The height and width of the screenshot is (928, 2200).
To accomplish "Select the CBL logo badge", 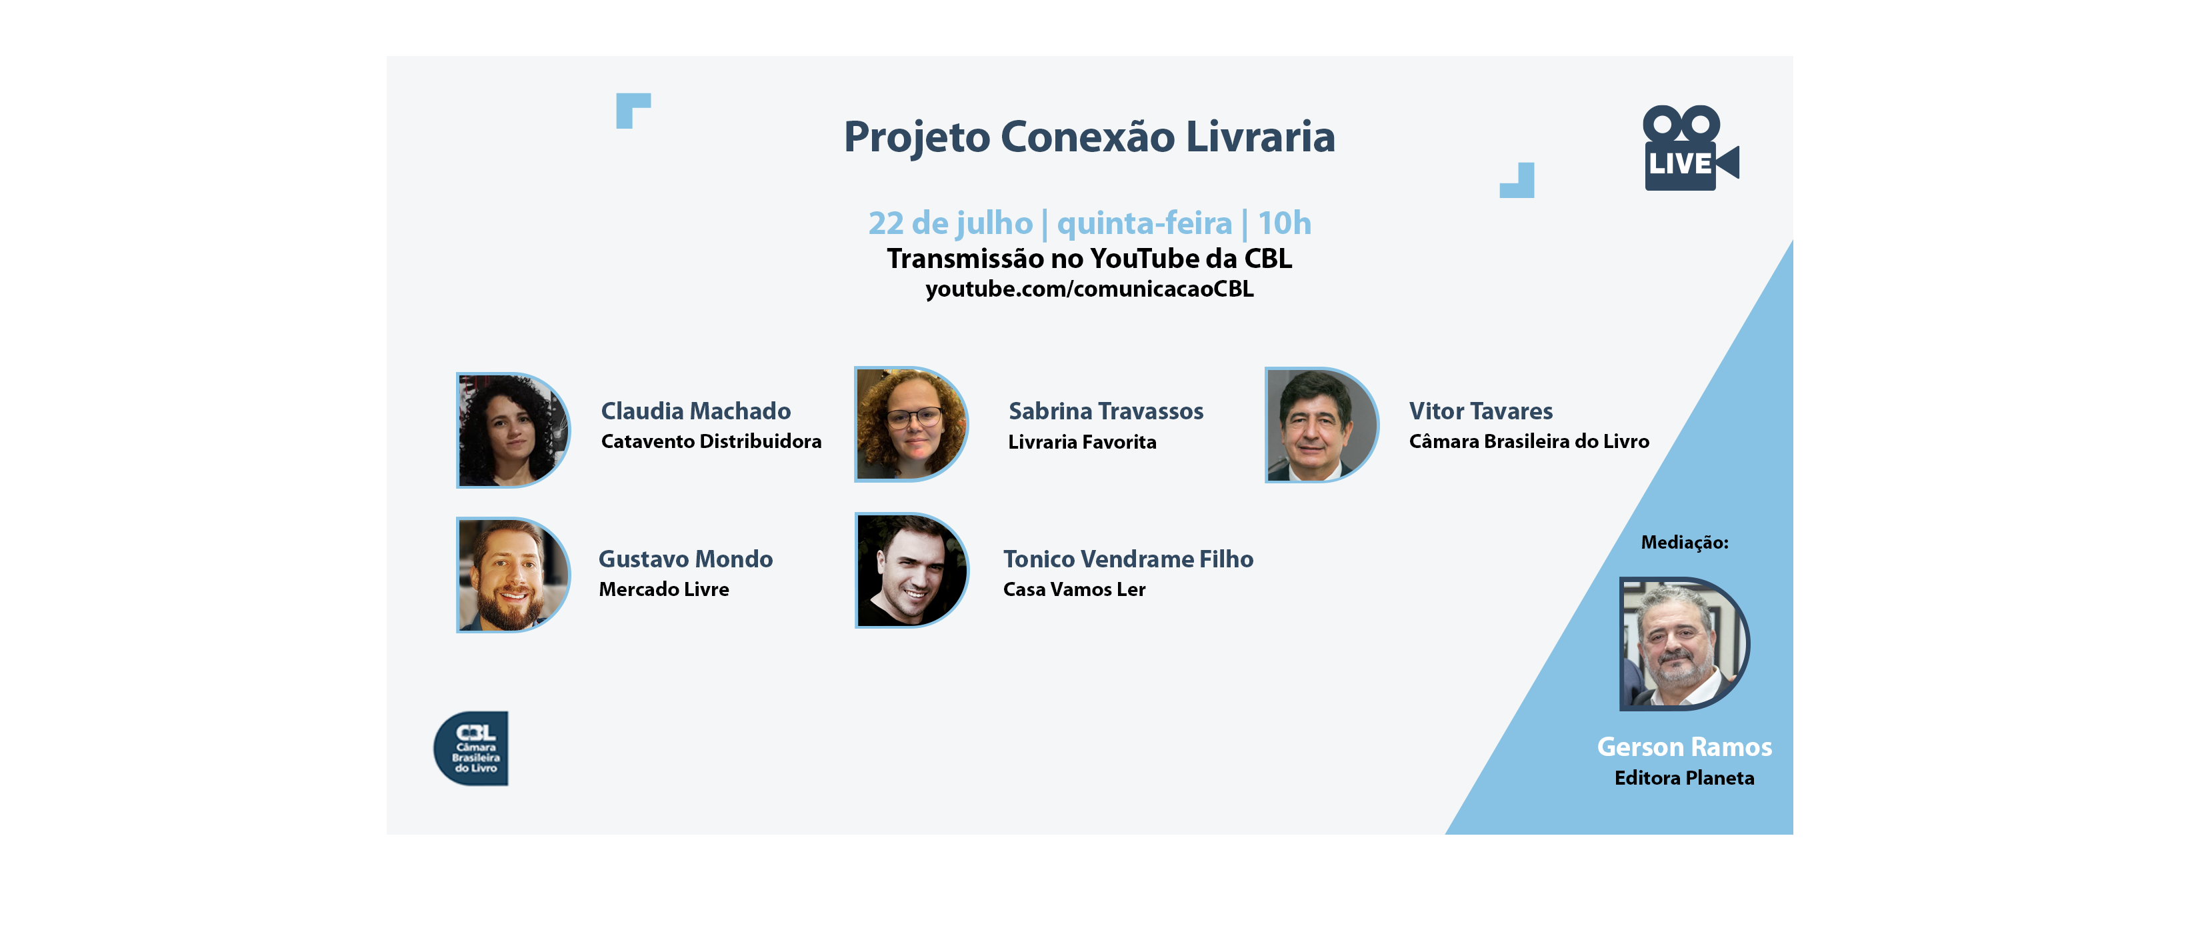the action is coord(471,748).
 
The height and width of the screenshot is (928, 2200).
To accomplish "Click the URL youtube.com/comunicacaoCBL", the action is coord(1089,289).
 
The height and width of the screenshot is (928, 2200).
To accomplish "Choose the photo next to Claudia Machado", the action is coord(513,430).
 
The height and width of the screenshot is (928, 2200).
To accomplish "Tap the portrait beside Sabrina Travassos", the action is coord(911,424).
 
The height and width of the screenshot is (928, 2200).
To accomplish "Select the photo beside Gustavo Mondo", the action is coord(513,575).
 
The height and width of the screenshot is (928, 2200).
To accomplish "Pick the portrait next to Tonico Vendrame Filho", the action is coord(911,570).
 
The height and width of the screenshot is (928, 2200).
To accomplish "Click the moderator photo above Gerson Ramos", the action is coord(1684,644).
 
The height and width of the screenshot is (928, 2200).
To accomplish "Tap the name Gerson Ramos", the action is coord(1684,747).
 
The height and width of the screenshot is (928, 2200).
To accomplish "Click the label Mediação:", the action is coord(1684,543).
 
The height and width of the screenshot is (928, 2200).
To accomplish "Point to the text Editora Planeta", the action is coord(1684,778).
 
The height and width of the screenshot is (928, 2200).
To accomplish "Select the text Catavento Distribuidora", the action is coord(711,441).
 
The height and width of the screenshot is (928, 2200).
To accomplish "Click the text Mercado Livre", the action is coord(663,589).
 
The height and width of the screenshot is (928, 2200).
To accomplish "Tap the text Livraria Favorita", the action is coord(1082,442).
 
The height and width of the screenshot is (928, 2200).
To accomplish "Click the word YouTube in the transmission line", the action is coord(1145,259).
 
